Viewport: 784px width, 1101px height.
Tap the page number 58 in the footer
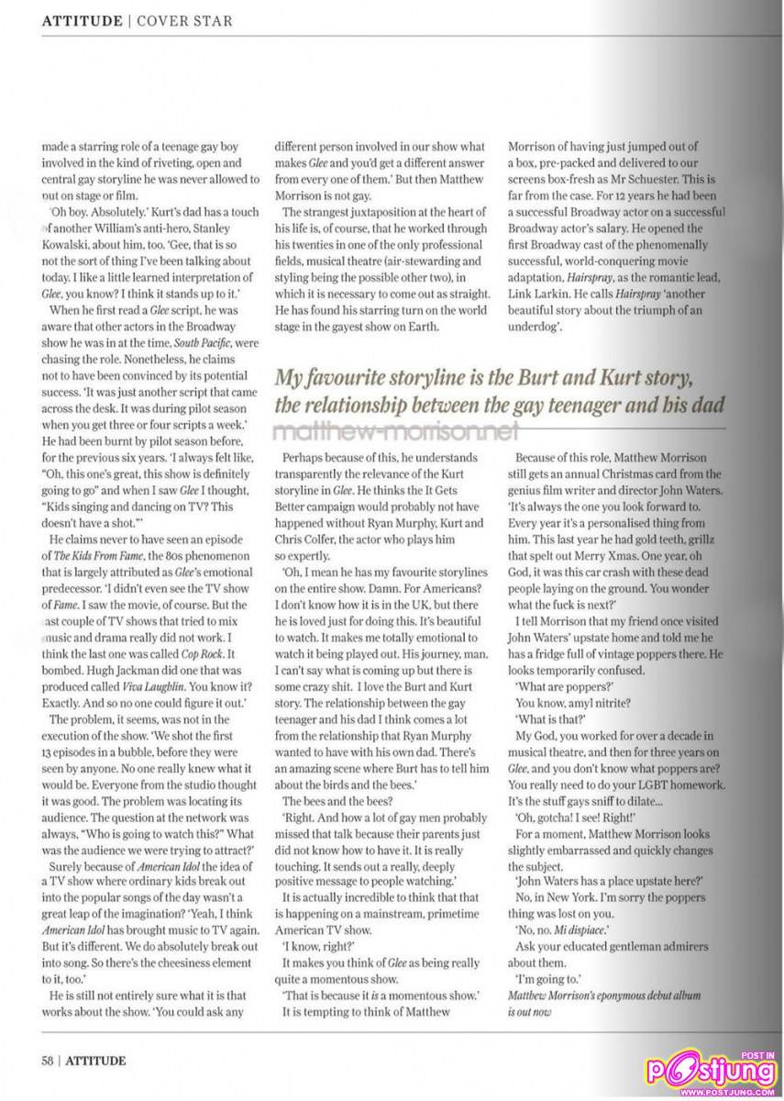48,1061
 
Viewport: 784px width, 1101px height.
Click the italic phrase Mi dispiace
583,928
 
